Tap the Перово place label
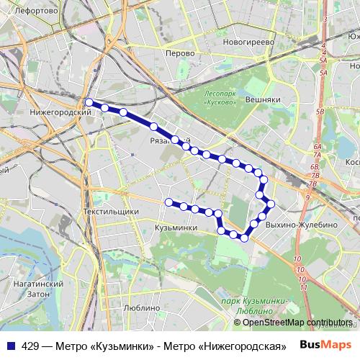point(179,53)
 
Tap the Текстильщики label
point(110,212)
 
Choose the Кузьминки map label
point(176,228)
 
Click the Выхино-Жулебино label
point(301,225)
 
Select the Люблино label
point(140,307)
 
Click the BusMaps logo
point(328,345)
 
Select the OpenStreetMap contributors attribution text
point(298,323)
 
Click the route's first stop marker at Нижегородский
point(89,102)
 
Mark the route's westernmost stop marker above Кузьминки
point(169,202)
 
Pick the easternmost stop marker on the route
point(271,203)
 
